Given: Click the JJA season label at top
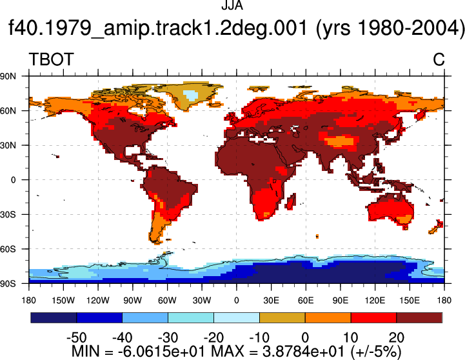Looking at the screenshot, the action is click(232, 5).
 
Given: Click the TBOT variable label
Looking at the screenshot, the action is click(52, 59).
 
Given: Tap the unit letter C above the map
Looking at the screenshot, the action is click(439, 59).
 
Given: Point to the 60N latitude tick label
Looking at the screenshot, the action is click(8, 111).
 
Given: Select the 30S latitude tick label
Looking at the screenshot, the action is click(8, 214).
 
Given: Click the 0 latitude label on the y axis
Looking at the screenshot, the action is click(13, 180).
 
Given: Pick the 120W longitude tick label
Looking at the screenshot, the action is click(98, 301).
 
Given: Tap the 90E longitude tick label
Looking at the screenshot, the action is click(340, 301).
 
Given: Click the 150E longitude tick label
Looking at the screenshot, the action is click(410, 301).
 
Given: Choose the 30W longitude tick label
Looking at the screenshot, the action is click(202, 301).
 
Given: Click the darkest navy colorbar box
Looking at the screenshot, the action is click(54, 317).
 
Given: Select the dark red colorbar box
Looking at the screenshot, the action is click(419, 317).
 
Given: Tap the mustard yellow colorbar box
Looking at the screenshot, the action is click(282, 317).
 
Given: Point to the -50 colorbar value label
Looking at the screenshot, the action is click(77, 337).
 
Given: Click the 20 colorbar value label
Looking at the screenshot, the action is click(397, 337).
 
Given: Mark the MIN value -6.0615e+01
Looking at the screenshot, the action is click(162, 352).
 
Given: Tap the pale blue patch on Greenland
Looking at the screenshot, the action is click(190, 95).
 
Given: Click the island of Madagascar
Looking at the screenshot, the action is click(291, 201).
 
